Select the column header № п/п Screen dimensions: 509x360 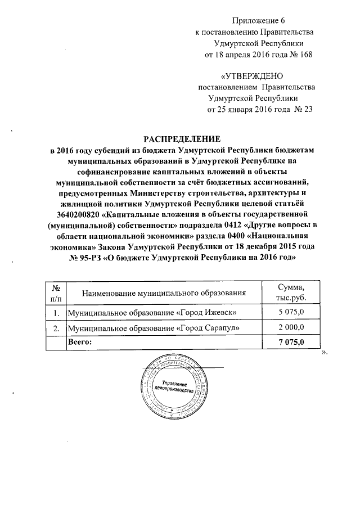click(x=55, y=293)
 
